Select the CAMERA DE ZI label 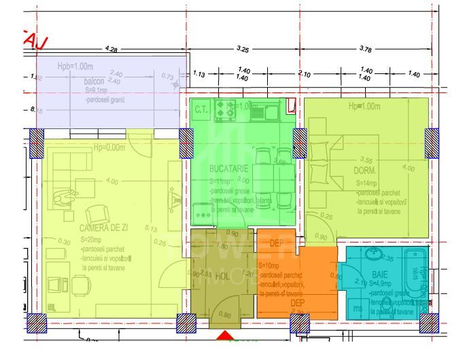104,228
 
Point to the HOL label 222,276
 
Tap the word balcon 95,82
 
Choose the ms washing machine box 358,309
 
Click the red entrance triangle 224,336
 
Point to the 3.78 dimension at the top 366,48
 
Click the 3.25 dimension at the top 243,49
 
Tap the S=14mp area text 368,183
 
